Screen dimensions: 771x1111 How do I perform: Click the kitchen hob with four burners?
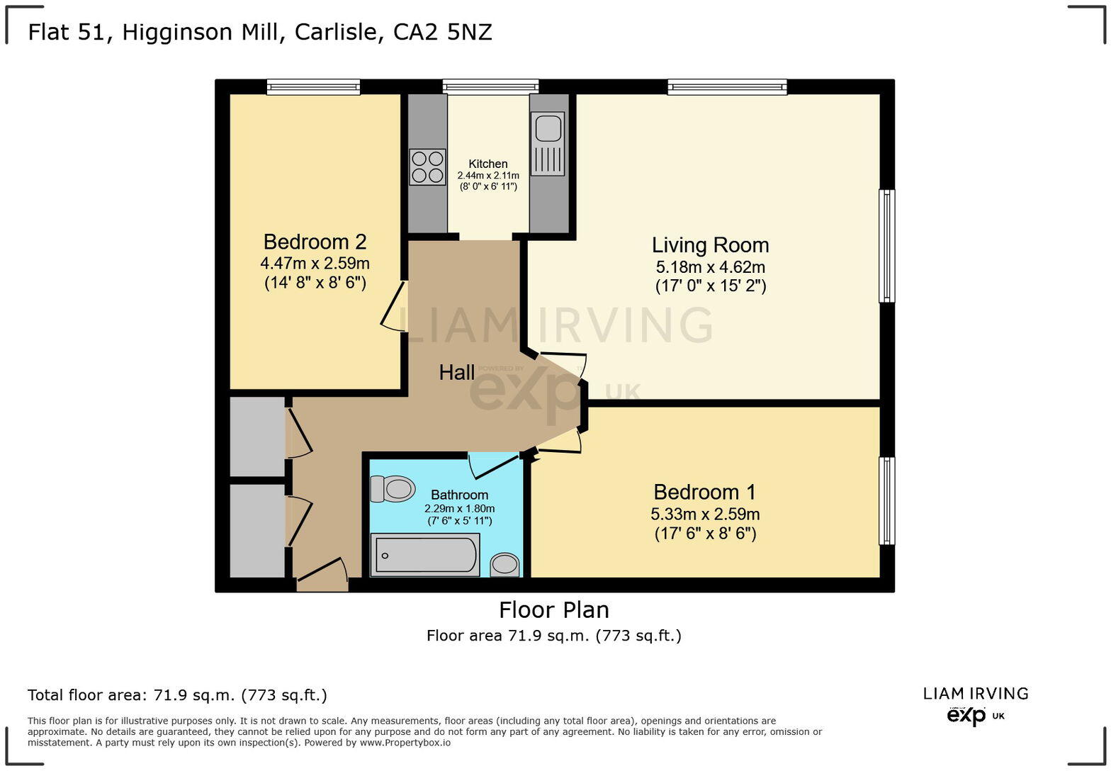(x=427, y=167)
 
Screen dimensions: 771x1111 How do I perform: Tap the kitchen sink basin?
(x=548, y=129)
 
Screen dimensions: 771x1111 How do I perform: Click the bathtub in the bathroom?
(x=425, y=555)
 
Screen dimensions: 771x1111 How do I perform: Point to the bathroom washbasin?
(x=504, y=565)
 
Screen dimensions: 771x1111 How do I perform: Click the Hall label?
(x=456, y=373)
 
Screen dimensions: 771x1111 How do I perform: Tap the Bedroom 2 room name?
(x=315, y=242)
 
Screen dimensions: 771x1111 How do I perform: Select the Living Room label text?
(x=710, y=245)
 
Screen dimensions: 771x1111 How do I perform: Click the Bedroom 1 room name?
(x=704, y=492)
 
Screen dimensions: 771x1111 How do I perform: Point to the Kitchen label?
(x=487, y=164)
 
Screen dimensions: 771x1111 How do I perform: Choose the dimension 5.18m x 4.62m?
(x=710, y=267)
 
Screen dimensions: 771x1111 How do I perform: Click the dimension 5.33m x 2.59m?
(x=705, y=514)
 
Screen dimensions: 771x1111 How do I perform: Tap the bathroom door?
(x=494, y=464)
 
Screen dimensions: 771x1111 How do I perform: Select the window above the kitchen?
(x=490, y=86)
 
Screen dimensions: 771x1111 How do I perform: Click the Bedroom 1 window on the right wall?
(x=886, y=500)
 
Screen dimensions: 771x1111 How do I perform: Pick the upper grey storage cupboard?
(x=257, y=436)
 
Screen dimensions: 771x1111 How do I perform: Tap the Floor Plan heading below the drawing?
(x=553, y=610)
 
